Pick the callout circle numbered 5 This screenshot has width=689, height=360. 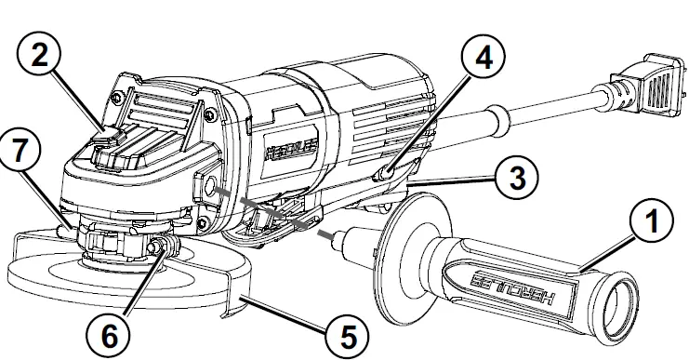[346, 333]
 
